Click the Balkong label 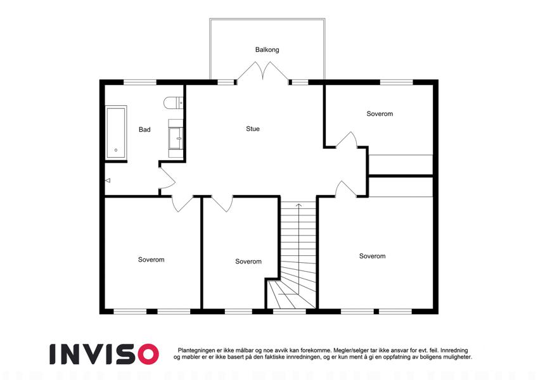pos(267,50)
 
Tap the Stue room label pos(253,129)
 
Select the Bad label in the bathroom pos(144,129)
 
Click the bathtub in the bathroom pos(116,133)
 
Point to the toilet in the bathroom pos(173,103)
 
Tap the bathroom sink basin pos(176,139)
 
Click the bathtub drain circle pos(116,150)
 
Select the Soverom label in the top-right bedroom pos(380,114)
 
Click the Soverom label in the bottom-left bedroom pos(151,260)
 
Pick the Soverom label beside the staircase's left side pos(248,262)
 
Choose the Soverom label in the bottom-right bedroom pos(372,256)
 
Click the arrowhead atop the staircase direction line pos(299,205)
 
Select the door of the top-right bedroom pos(347,140)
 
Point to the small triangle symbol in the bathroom pos(108,180)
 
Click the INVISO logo pos(105,354)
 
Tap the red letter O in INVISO pos(148,354)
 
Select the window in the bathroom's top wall pos(139,82)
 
